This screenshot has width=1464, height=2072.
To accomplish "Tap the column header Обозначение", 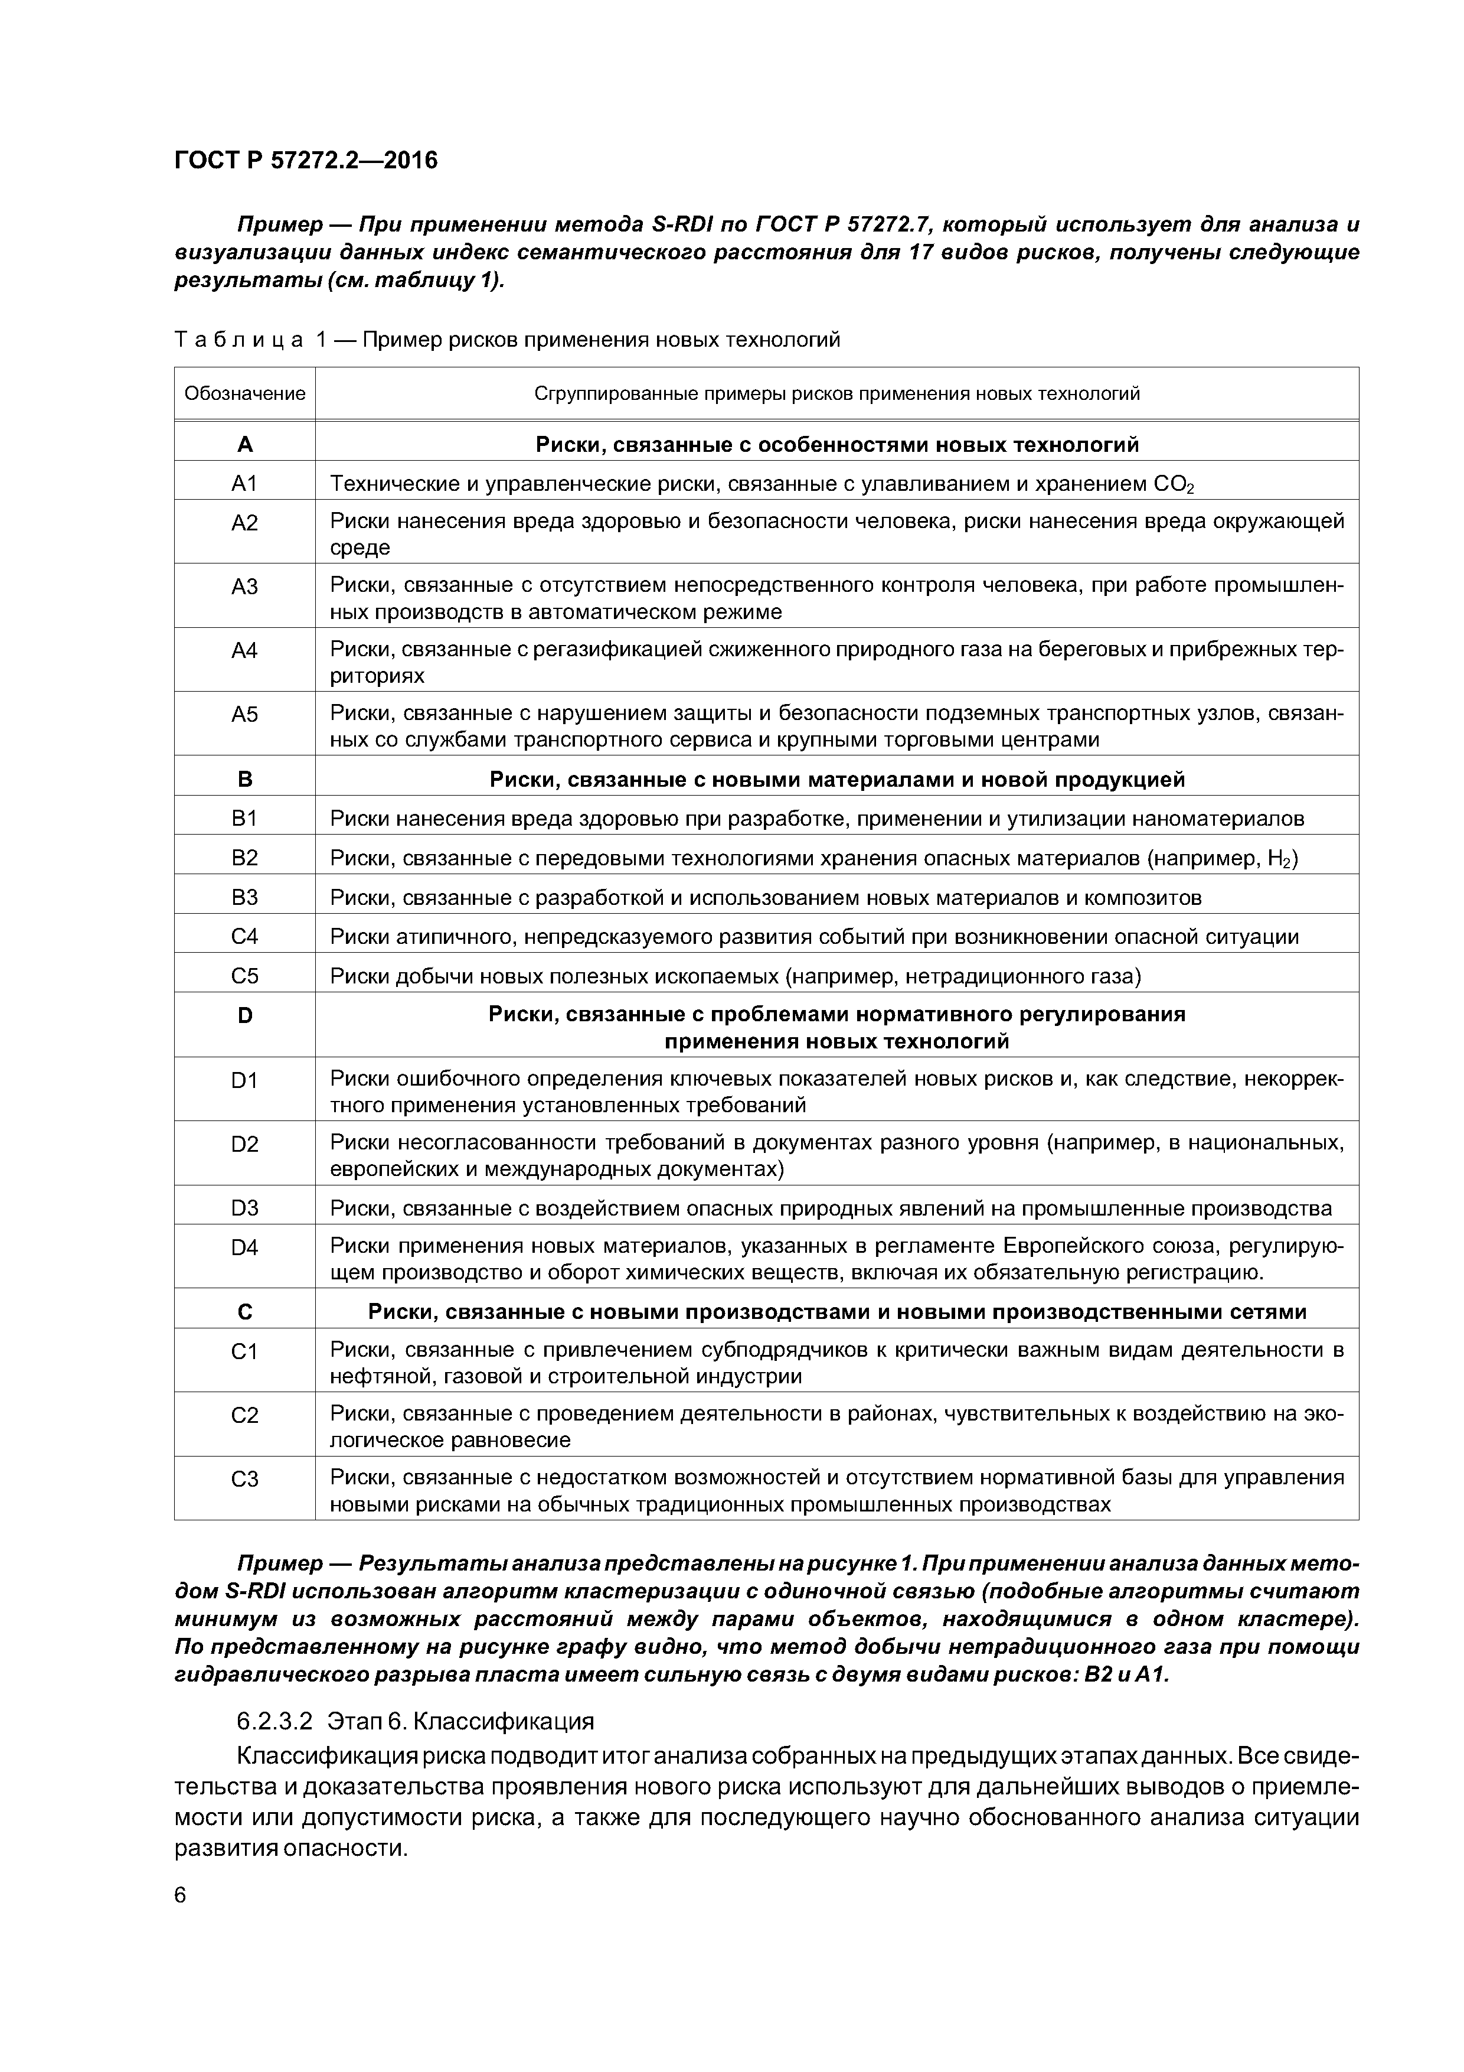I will pyautogui.click(x=244, y=393).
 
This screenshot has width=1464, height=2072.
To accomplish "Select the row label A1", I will pyautogui.click(x=244, y=484).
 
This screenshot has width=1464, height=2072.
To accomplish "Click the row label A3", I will pyautogui.click(x=244, y=587).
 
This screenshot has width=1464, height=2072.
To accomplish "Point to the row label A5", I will pyautogui.click(x=244, y=715).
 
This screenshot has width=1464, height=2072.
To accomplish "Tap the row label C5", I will pyautogui.click(x=244, y=976).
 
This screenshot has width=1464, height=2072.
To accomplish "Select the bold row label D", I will pyautogui.click(x=244, y=1015).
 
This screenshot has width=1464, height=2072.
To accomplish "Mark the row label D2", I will pyautogui.click(x=244, y=1144).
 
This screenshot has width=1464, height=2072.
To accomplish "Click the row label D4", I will pyautogui.click(x=244, y=1247).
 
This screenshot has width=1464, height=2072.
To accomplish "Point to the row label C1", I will pyautogui.click(x=244, y=1351).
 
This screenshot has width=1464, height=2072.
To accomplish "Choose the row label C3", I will pyautogui.click(x=244, y=1479).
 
